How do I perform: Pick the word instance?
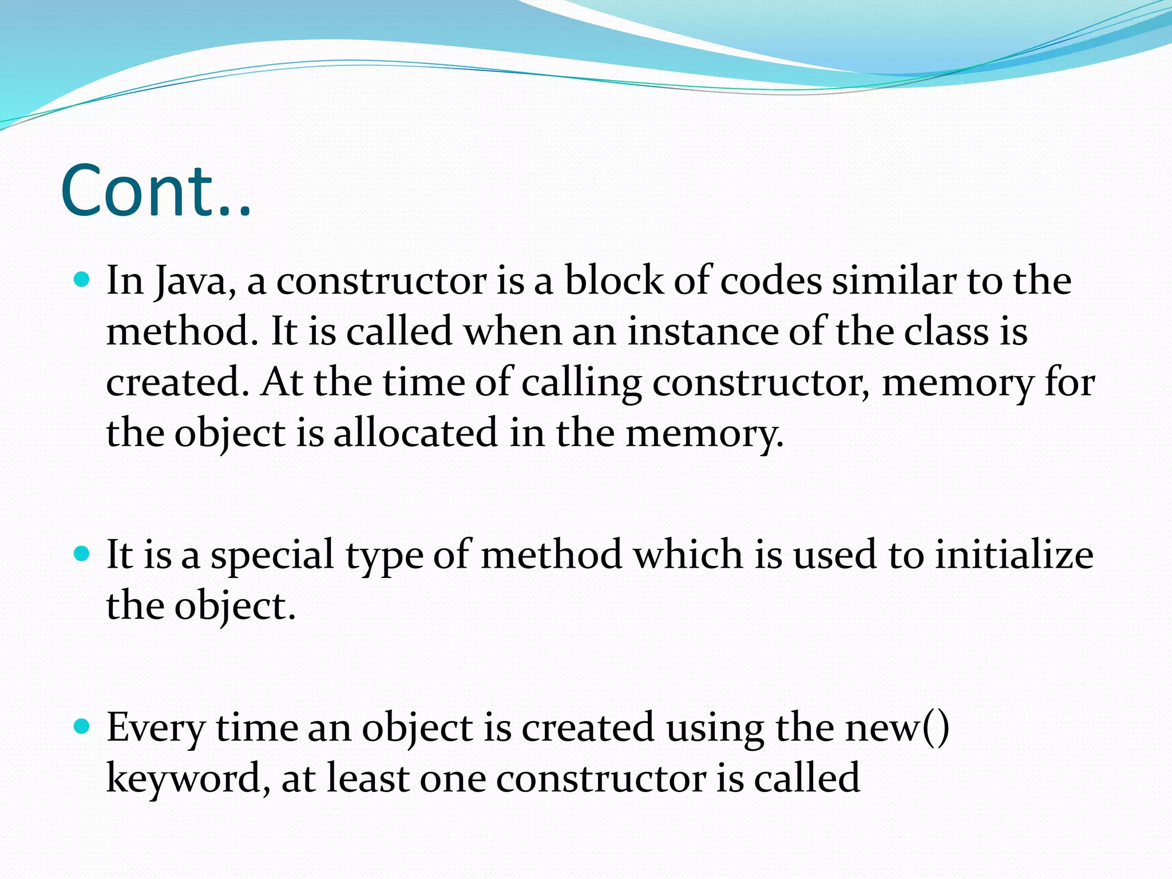[702, 331]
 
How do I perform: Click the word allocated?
[416, 433]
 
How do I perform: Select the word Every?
[155, 729]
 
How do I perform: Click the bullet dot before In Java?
[83, 280]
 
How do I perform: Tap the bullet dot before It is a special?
[83, 553]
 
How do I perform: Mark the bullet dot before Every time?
[83, 727]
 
